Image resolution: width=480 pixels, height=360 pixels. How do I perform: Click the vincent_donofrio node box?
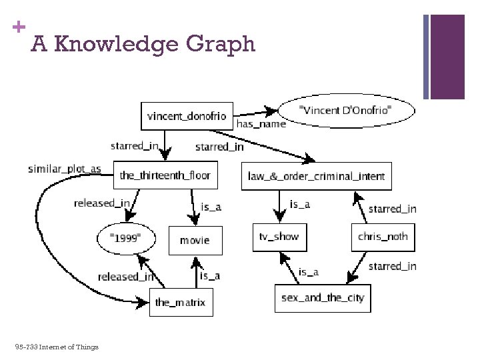click(x=187, y=115)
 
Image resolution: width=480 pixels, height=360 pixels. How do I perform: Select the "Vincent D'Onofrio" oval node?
click(x=345, y=110)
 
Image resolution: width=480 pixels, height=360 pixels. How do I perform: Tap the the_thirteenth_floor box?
click(x=165, y=176)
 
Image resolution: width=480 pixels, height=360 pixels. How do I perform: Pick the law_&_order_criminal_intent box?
click(x=316, y=176)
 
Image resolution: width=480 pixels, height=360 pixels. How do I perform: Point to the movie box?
click(x=195, y=240)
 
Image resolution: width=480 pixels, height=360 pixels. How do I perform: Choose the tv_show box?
click(x=279, y=237)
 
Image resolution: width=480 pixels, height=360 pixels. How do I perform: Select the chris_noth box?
click(x=383, y=237)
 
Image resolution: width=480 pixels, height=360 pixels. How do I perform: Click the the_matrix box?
click(x=180, y=302)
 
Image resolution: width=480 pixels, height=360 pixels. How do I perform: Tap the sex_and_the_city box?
click(x=323, y=297)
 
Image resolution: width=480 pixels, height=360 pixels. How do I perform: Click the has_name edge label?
click(x=261, y=123)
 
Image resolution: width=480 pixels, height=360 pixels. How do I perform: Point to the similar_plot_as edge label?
click(x=65, y=169)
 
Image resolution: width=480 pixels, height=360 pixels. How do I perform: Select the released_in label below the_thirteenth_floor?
click(x=102, y=203)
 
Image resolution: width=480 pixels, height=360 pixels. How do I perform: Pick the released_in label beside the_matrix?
click(x=126, y=277)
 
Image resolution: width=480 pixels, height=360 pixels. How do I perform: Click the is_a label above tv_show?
click(x=300, y=204)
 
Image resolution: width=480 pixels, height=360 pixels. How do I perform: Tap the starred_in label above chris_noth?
click(x=392, y=209)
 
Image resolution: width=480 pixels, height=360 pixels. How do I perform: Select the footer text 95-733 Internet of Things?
click(x=56, y=347)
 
